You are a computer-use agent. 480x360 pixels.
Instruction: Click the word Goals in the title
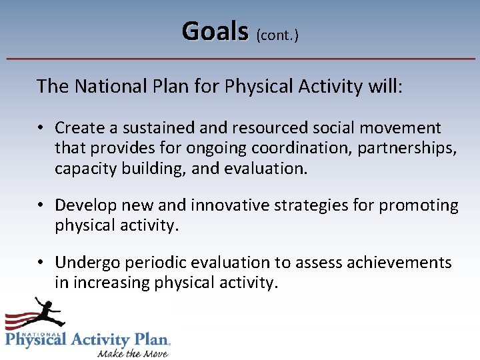point(215,31)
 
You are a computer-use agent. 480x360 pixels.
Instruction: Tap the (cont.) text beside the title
point(277,35)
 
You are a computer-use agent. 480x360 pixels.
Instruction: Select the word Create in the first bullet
point(79,127)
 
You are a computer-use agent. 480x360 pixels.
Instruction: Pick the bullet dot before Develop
point(41,205)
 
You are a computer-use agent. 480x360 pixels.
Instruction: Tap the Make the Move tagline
point(133,353)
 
